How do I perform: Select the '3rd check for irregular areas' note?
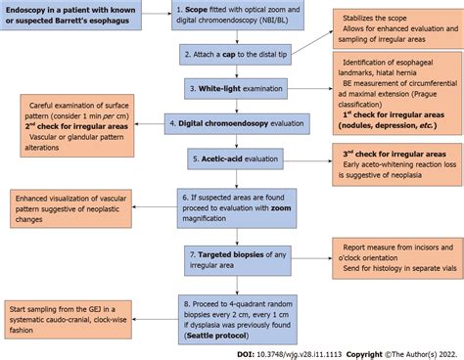396,159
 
